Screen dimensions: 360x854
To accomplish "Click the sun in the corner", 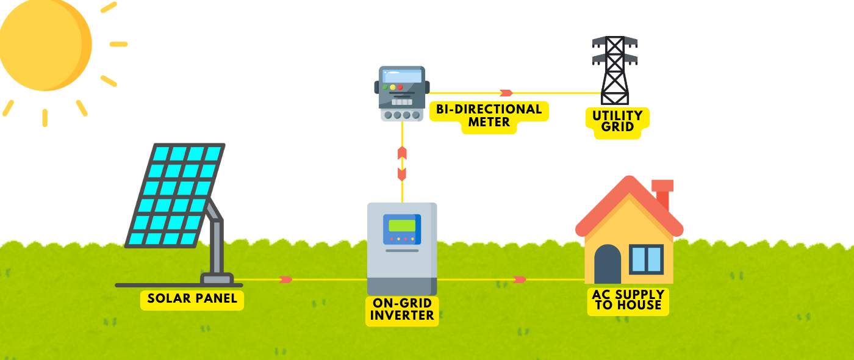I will click(x=43, y=43).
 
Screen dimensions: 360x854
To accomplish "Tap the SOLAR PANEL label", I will click(x=192, y=300).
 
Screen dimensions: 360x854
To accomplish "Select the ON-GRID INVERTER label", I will click(x=402, y=310).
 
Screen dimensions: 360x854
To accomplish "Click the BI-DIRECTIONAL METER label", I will click(x=489, y=116).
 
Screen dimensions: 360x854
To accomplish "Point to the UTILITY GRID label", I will click(x=617, y=121).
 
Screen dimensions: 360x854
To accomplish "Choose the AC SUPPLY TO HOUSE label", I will click(x=628, y=300).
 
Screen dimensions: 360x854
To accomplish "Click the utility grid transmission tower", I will click(x=614, y=70).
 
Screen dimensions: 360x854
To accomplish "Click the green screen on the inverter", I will click(x=402, y=225).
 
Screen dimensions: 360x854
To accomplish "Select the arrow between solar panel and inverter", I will click(x=285, y=279).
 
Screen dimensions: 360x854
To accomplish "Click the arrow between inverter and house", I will click(x=520, y=279).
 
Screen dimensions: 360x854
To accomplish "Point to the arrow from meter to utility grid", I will click(x=506, y=93).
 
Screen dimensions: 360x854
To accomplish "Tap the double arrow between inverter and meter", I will click(x=402, y=164).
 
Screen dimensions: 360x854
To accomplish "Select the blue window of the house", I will click(x=646, y=259).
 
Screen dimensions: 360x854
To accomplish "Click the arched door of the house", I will click(x=608, y=264).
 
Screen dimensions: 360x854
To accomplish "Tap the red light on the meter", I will click(x=400, y=87).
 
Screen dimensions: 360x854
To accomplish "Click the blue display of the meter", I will click(x=402, y=76).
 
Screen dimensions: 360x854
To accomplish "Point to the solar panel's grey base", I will click(x=217, y=279).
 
